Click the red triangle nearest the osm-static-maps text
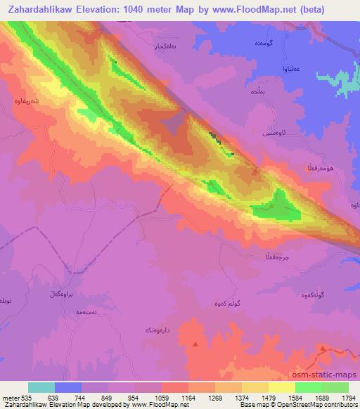[x=323, y=348]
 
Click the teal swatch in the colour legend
[x=41, y=387]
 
